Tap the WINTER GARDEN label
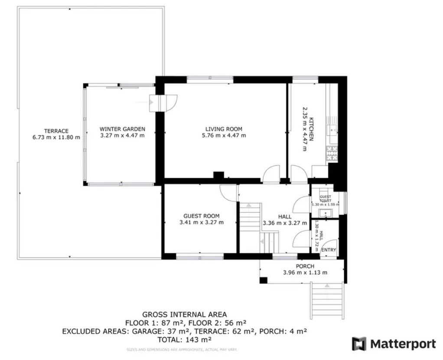[122, 129]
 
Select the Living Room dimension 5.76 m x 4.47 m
[224, 135]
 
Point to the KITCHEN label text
[310, 129]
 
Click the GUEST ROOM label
[201, 216]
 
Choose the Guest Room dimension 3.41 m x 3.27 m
[201, 223]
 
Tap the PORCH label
[305, 266]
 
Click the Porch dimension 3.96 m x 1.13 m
[305, 273]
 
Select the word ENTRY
[329, 250]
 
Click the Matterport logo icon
[359, 344]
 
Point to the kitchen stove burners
[332, 154]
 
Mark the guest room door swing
[228, 192]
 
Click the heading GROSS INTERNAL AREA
[184, 314]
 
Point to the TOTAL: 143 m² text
[184, 339]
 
